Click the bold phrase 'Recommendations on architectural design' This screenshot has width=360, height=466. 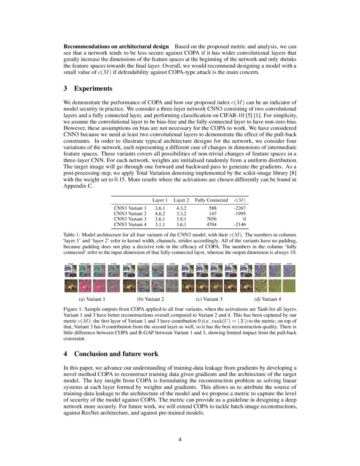pyautogui.click(x=116, y=46)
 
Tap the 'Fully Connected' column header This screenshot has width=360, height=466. pyautogui.click(x=211, y=200)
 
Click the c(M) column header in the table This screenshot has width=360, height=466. pyautogui.click(x=239, y=200)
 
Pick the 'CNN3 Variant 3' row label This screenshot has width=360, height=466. pyautogui.click(x=130, y=219)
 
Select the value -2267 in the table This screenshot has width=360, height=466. pyautogui.click(x=239, y=208)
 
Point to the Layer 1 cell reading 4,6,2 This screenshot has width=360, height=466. pyautogui.click(x=160, y=214)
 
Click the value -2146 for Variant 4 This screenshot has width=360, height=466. pyautogui.click(x=239, y=225)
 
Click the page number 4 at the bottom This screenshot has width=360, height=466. pyautogui.click(x=180, y=439)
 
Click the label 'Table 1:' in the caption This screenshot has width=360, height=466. pyautogui.click(x=72, y=235)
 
